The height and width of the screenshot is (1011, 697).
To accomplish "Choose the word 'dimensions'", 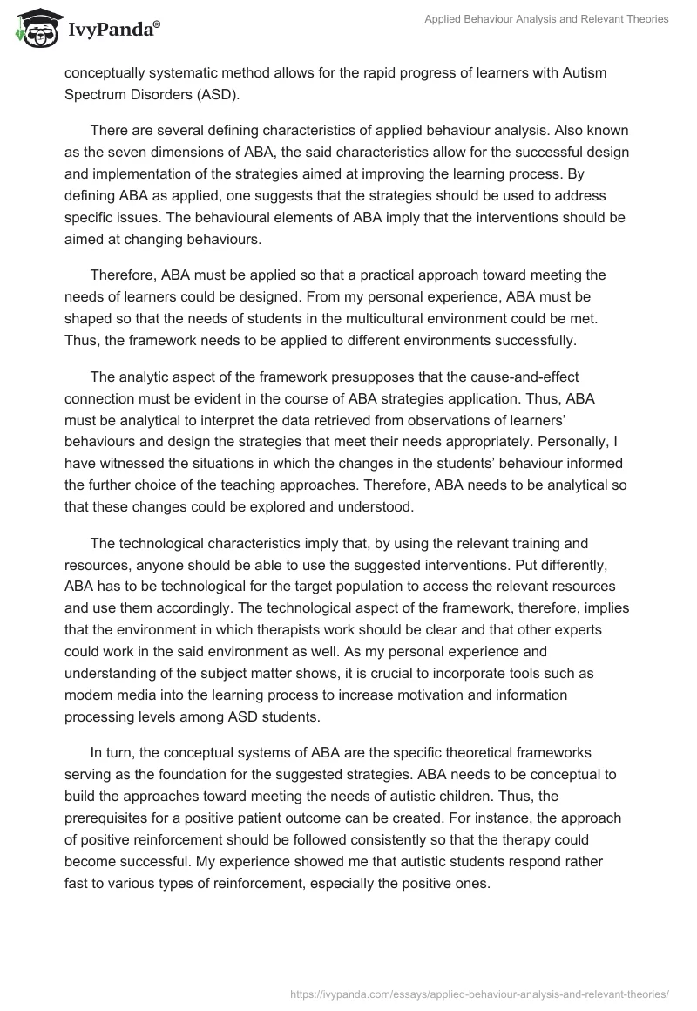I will [191, 153].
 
